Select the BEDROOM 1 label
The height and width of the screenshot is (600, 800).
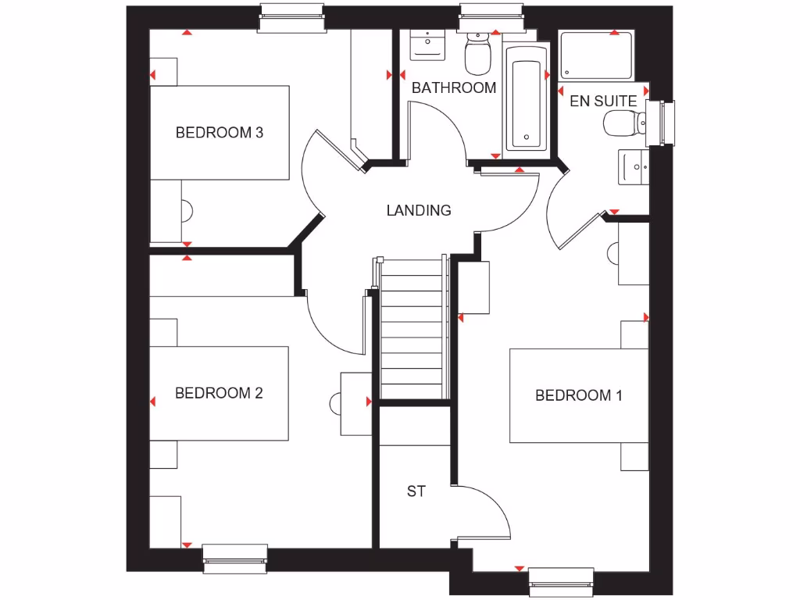click(x=578, y=395)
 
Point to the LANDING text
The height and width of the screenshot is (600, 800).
click(x=419, y=210)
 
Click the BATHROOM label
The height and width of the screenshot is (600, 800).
click(x=453, y=87)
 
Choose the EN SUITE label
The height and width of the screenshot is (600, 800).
click(x=602, y=101)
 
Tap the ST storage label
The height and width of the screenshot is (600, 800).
click(x=416, y=491)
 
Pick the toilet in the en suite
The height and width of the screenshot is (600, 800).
click(x=623, y=123)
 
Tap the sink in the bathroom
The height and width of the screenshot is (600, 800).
click(x=427, y=43)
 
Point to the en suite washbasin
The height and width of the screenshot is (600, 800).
click(x=633, y=166)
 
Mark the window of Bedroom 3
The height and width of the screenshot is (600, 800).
click(x=291, y=17)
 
